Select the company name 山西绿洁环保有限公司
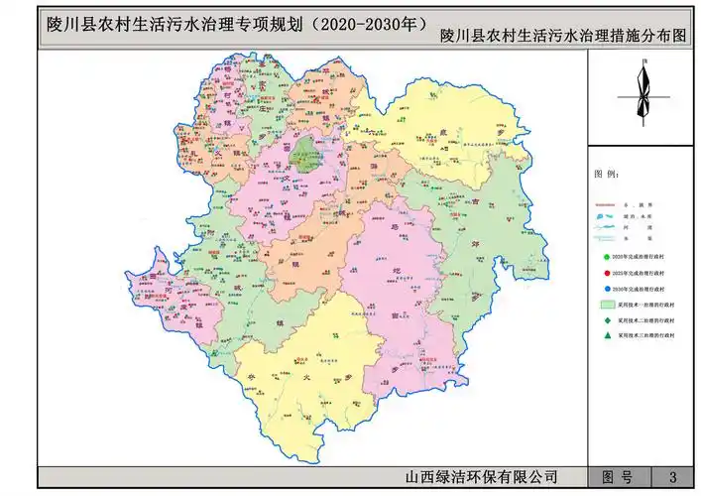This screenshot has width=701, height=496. (475, 477)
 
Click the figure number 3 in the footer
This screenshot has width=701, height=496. (673, 477)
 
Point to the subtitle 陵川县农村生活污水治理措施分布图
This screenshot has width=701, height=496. (563, 38)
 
